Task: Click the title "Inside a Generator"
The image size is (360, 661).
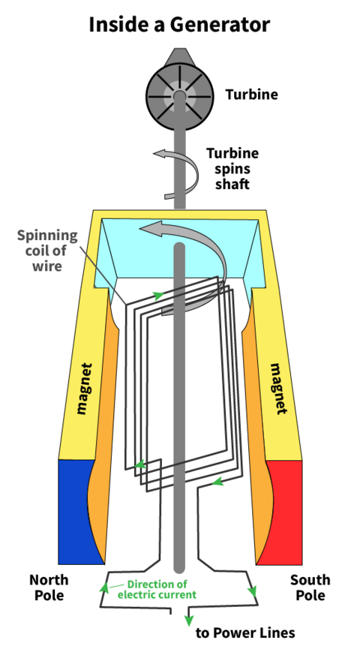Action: (x=179, y=24)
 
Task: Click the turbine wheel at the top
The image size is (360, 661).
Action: (x=178, y=96)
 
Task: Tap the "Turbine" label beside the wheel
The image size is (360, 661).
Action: (x=251, y=95)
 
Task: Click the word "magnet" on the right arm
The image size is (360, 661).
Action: (x=277, y=389)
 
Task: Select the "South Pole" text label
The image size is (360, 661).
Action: (x=310, y=587)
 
